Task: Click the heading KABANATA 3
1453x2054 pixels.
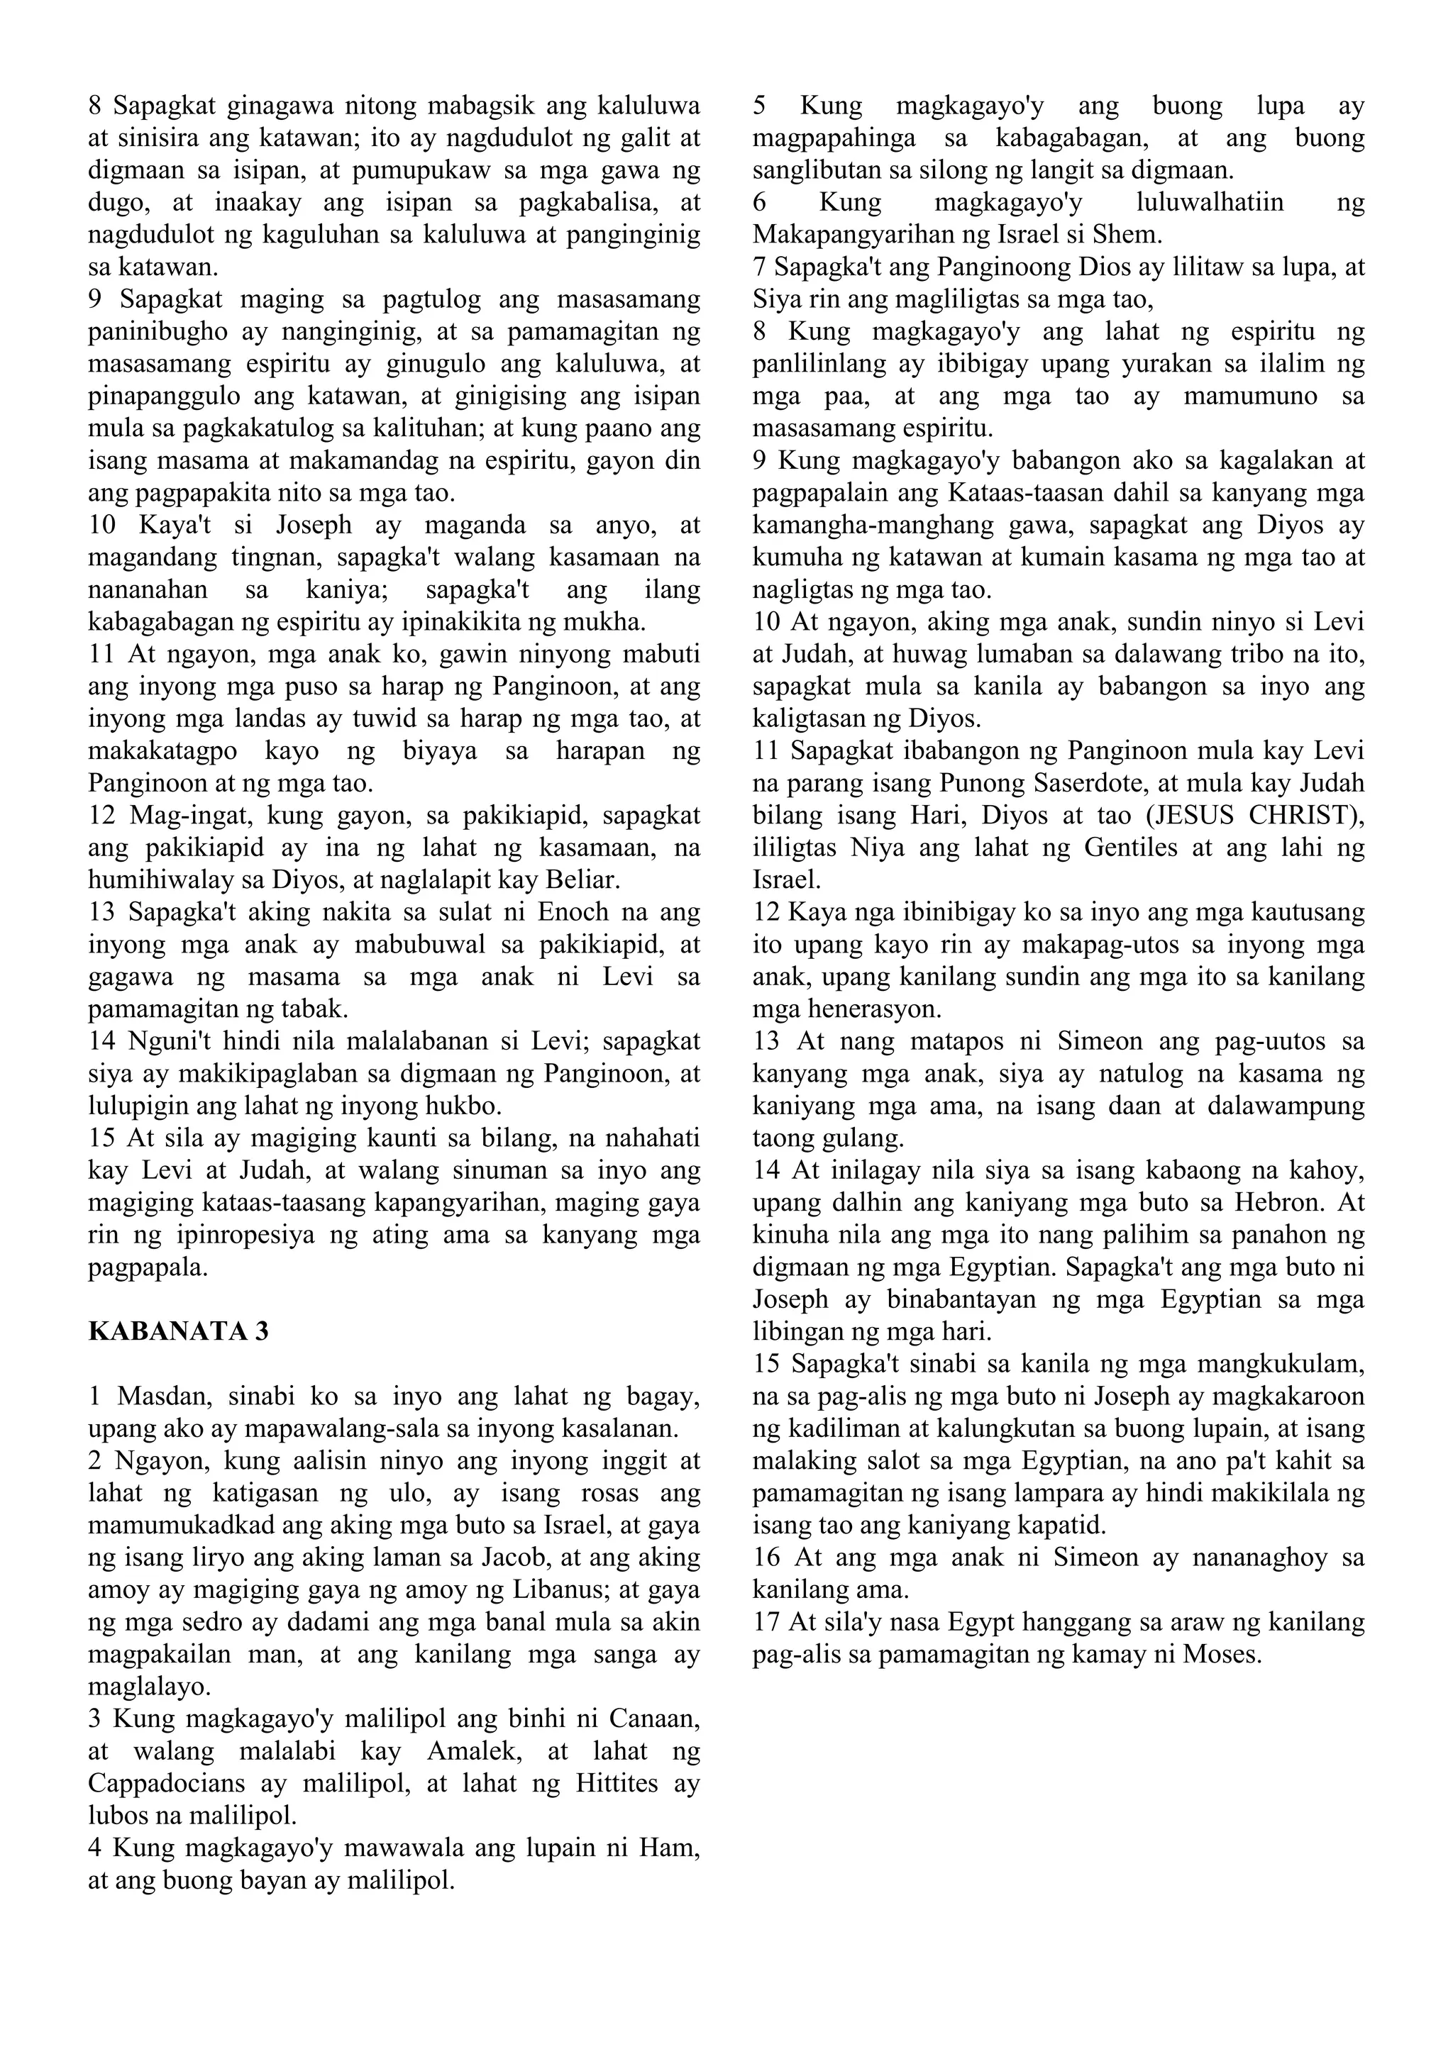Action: click(178, 1331)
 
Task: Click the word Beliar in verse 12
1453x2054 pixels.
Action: click(583, 880)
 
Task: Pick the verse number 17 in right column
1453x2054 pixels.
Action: click(767, 1622)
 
